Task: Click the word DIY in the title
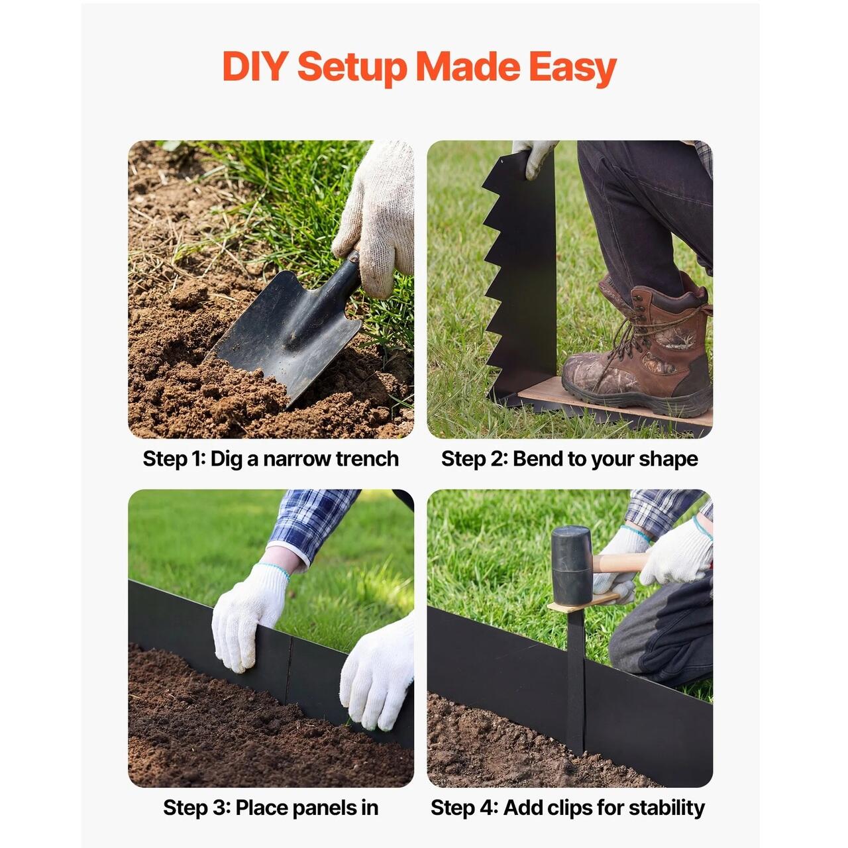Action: (255, 66)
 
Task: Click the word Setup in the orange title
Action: (352, 69)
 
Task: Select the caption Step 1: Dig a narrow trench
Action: (271, 459)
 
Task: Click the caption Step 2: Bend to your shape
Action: (570, 459)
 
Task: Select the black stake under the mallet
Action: (576, 678)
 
